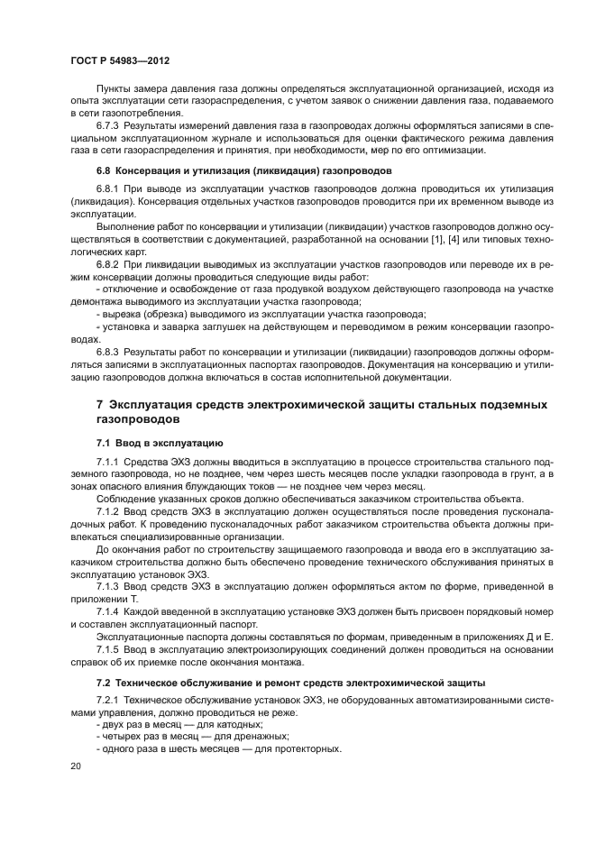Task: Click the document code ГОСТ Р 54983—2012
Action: [x=120, y=59]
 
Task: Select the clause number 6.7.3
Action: [x=109, y=125]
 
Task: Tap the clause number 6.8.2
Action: [x=109, y=263]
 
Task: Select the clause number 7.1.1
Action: [x=109, y=462]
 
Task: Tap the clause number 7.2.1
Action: [x=109, y=700]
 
